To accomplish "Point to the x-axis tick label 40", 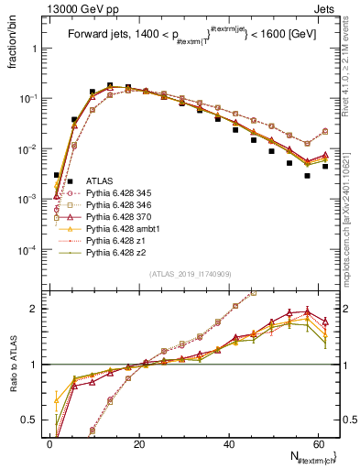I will [x=227, y=443].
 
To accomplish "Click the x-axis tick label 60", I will [x=316, y=443].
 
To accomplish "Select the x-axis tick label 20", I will [x=138, y=443].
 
